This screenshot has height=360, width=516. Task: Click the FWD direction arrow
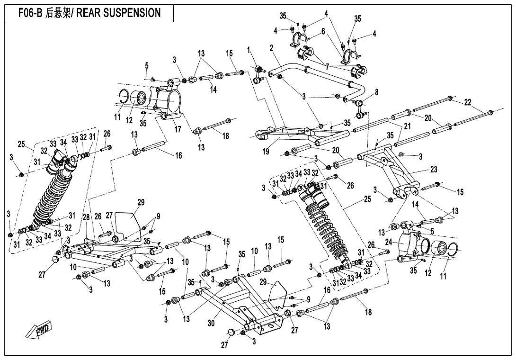click(41, 331)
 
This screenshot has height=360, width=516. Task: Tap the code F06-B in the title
click(30, 13)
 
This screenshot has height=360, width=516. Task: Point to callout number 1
click(249, 50)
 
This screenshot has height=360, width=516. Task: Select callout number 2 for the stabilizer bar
click(272, 48)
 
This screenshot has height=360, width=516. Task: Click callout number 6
click(323, 31)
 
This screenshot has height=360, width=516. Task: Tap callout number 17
click(178, 129)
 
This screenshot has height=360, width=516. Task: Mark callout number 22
click(468, 102)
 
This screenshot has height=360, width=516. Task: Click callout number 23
click(434, 170)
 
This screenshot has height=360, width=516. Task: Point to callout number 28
click(86, 217)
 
